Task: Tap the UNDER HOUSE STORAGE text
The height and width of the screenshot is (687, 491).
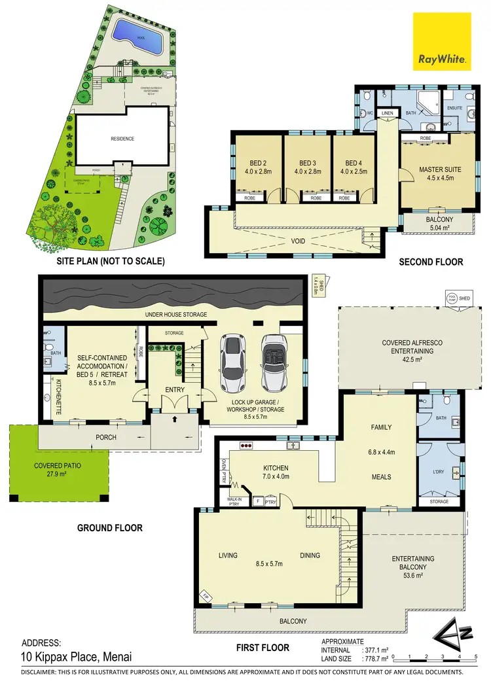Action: tap(175, 315)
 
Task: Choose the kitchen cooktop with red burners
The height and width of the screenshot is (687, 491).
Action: tap(247, 446)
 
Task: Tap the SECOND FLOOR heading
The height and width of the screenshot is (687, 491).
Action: tap(431, 262)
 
